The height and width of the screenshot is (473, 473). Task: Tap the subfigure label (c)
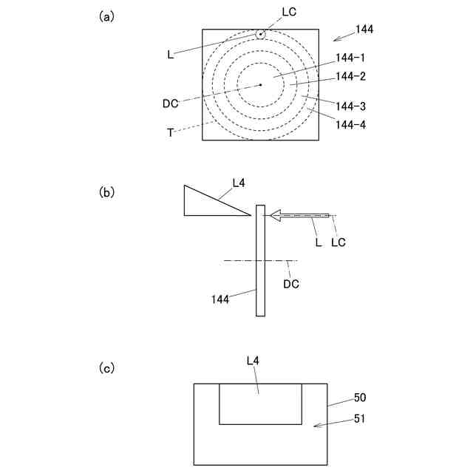(106, 367)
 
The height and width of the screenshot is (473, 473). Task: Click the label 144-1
(350, 58)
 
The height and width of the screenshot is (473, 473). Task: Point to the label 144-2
(350, 76)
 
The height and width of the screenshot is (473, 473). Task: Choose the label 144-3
(350, 106)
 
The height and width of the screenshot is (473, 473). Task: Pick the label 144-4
(350, 125)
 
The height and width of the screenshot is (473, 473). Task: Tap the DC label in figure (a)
(171, 103)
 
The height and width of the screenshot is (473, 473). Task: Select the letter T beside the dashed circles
(171, 132)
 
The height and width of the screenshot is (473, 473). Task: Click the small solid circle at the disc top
(260, 35)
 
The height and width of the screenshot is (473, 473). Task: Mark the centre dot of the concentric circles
(260, 85)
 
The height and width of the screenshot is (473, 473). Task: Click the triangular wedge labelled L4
(207, 203)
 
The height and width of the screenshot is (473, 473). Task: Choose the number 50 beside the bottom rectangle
(359, 398)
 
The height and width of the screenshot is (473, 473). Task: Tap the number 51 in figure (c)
(359, 418)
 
